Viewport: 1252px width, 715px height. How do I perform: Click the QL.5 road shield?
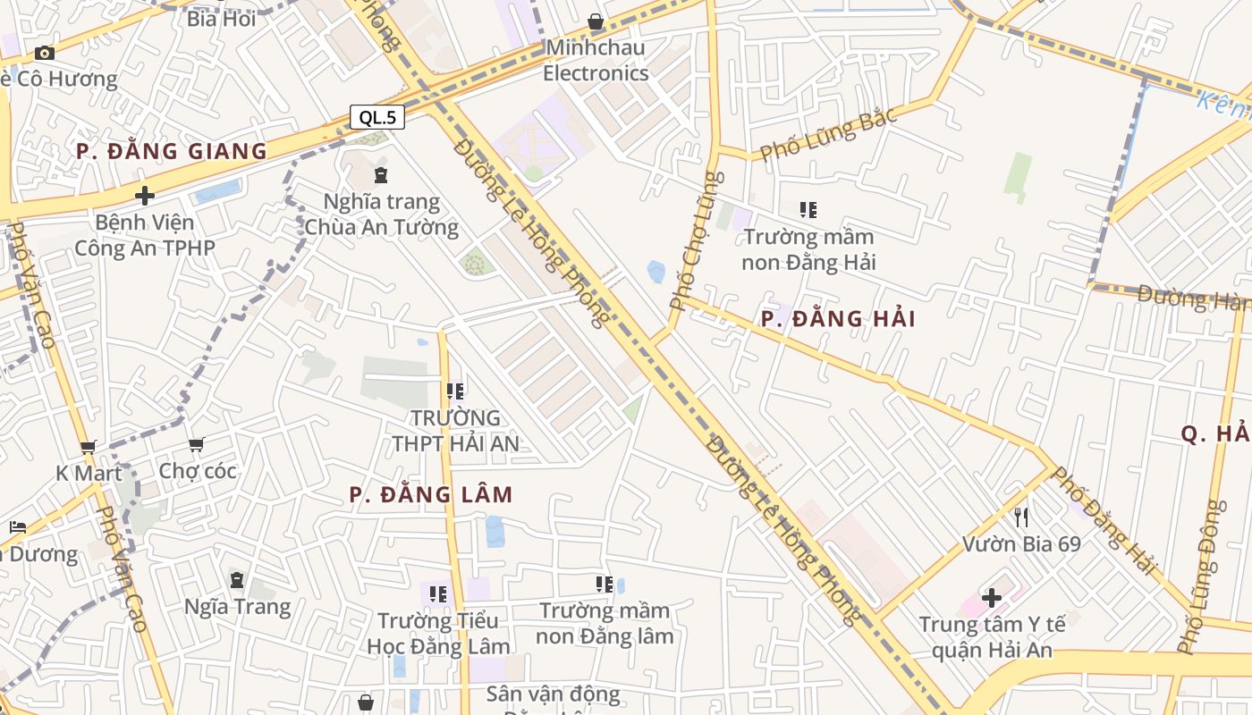pyautogui.click(x=376, y=117)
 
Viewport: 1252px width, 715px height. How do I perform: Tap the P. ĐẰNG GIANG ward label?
pyautogui.click(x=172, y=151)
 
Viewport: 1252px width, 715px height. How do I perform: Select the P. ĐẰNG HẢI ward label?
pyautogui.click(x=838, y=319)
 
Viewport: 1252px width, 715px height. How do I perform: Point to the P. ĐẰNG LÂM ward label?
pyautogui.click(x=431, y=494)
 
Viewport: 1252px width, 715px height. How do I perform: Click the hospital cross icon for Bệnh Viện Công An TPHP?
pyautogui.click(x=145, y=196)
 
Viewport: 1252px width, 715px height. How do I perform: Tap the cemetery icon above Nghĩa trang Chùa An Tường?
pyautogui.click(x=382, y=174)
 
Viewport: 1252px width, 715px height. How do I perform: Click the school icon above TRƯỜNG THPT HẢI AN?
pyautogui.click(x=455, y=391)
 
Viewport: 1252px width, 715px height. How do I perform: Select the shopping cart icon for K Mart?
pyautogui.click(x=88, y=447)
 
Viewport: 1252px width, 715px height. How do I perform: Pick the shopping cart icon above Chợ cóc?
pyautogui.click(x=197, y=444)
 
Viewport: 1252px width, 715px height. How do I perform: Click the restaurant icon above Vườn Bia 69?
pyautogui.click(x=1021, y=517)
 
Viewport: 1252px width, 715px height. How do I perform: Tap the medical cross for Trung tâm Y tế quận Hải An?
pyautogui.click(x=992, y=598)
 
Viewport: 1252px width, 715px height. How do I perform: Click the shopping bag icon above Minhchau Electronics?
pyautogui.click(x=596, y=21)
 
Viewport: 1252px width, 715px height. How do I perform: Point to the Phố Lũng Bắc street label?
pyautogui.click(x=827, y=135)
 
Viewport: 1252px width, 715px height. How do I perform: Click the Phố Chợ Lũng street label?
pyautogui.click(x=696, y=240)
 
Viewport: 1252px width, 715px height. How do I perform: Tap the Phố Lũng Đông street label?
pyautogui.click(x=1205, y=576)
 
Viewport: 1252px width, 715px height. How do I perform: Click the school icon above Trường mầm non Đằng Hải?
pyautogui.click(x=808, y=210)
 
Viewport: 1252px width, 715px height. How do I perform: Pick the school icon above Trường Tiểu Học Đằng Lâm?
pyautogui.click(x=438, y=593)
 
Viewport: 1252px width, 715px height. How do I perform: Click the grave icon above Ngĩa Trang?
pyautogui.click(x=237, y=580)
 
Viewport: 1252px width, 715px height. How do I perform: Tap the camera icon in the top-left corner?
pyautogui.click(x=45, y=53)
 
